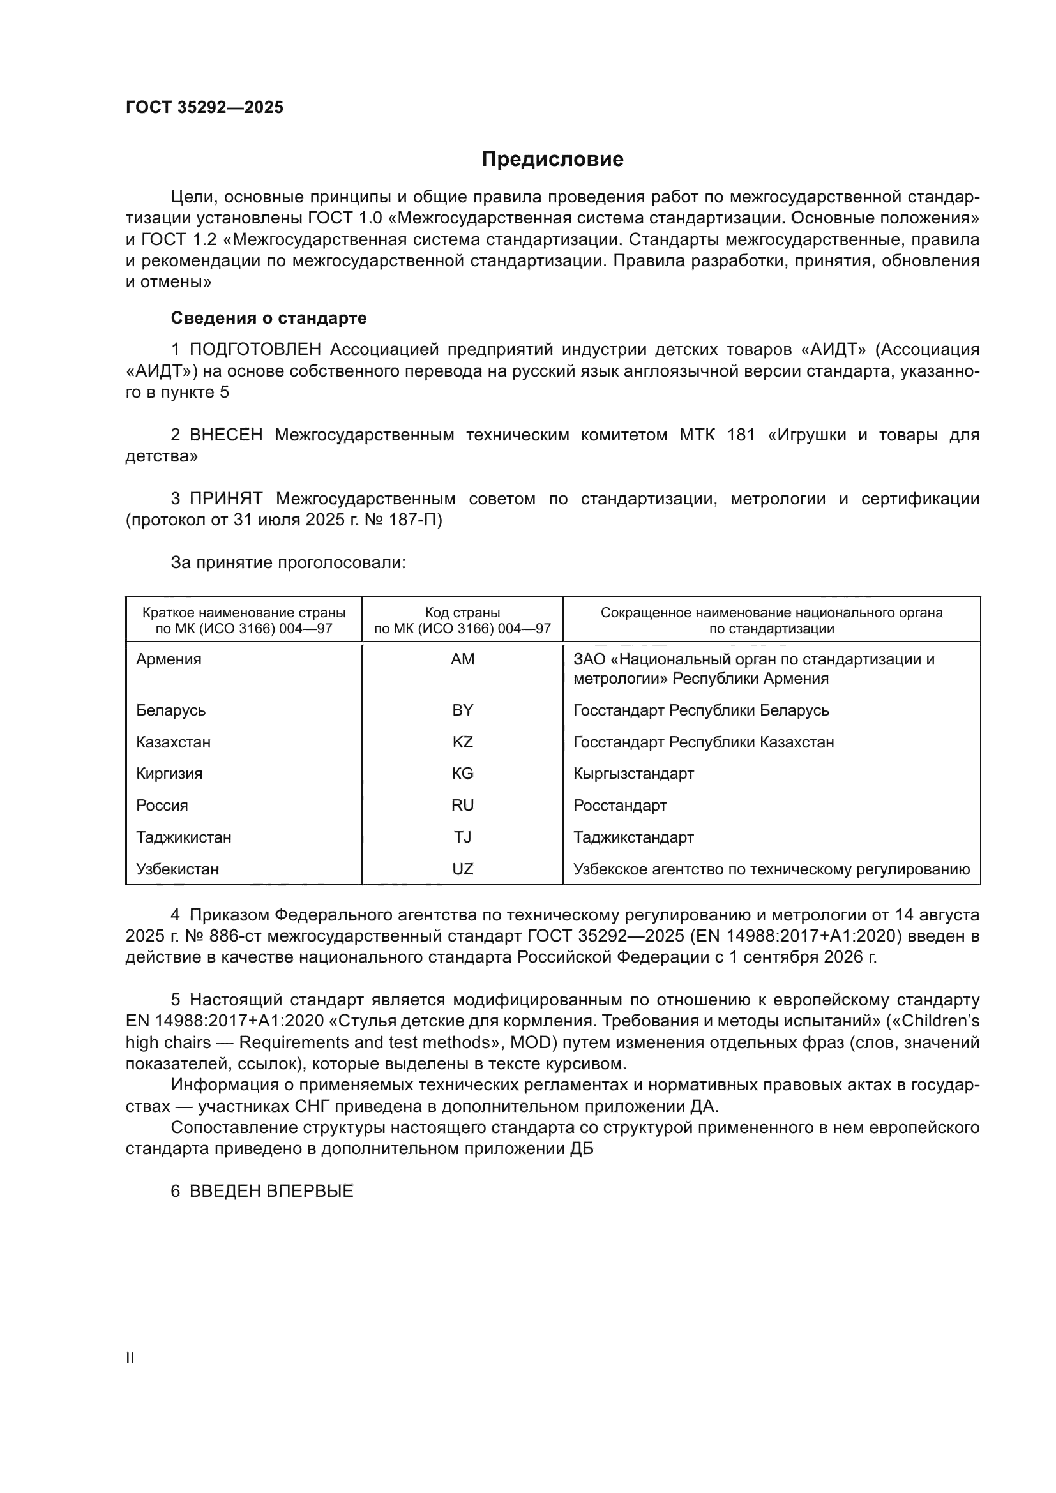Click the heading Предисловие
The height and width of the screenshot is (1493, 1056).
pyautogui.click(x=552, y=160)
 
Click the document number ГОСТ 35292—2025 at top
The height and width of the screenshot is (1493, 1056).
pyautogui.click(x=204, y=107)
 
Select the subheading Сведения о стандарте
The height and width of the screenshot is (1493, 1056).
pyautogui.click(x=269, y=318)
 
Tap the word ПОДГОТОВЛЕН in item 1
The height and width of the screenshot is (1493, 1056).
pyautogui.click(x=255, y=350)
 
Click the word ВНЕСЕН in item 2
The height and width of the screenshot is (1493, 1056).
pyautogui.click(x=225, y=435)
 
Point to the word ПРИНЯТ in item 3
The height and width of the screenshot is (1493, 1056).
pyautogui.click(x=225, y=499)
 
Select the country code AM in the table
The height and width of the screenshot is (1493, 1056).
pyautogui.click(x=462, y=659)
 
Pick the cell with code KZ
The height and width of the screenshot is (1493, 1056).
pyautogui.click(x=462, y=742)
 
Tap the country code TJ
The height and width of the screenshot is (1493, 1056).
pyautogui.click(x=462, y=837)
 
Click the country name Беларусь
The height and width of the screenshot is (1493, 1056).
pyautogui.click(x=170, y=710)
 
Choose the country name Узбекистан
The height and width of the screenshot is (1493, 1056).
pyautogui.click(x=177, y=869)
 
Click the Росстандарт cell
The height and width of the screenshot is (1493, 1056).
pyautogui.click(x=620, y=806)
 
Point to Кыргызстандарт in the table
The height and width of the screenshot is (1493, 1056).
pyautogui.click(x=633, y=774)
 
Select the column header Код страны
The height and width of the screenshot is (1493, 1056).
pyautogui.click(x=462, y=613)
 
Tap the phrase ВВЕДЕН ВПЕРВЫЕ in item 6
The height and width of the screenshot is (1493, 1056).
pyautogui.click(x=271, y=1191)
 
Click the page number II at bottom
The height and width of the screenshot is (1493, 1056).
pyautogui.click(x=130, y=1358)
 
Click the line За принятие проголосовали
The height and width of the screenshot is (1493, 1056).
pyautogui.click(x=288, y=562)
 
